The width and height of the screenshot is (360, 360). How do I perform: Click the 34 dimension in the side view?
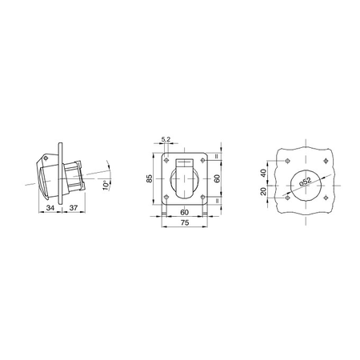point(50,207)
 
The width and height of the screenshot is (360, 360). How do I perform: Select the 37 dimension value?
point(74,207)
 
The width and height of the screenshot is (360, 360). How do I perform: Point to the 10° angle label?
point(106,185)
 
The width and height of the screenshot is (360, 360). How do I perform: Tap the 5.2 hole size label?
point(166,139)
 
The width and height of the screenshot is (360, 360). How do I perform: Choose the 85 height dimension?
point(150,178)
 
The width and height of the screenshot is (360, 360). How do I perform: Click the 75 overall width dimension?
point(185,222)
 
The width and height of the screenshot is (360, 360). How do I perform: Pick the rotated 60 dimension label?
point(218,178)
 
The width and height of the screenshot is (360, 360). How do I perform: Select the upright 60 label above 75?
point(185,212)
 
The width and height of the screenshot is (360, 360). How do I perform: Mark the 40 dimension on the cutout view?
point(263,174)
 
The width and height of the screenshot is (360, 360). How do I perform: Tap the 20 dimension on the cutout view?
point(263,191)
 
